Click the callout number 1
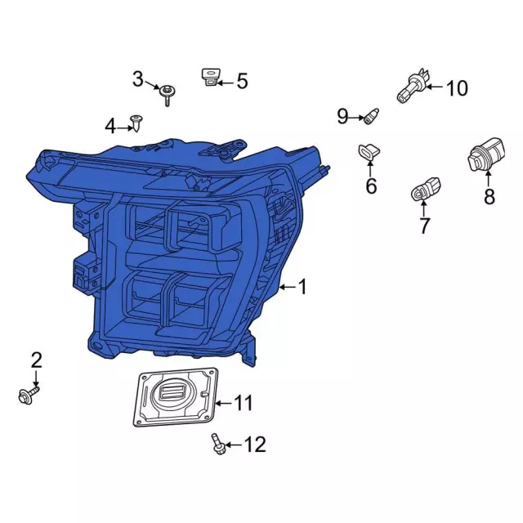303,287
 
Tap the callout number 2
36,360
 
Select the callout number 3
138,79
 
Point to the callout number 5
241,81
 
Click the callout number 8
489,197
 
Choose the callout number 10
457,87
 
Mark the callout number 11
244,403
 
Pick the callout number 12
255,445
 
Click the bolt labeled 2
24,396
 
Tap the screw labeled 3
168,92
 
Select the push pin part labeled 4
137,124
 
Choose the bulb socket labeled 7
423,191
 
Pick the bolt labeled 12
217,445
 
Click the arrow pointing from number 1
286,288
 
